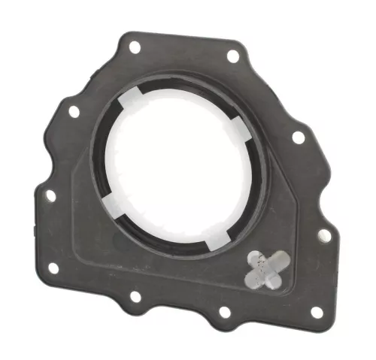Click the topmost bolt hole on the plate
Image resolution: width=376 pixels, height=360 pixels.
pyautogui.click(x=135, y=47)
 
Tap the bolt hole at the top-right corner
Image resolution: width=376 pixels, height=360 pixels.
pyautogui.click(x=233, y=56)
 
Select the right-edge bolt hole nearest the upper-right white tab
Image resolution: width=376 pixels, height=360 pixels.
pyautogui.click(x=299, y=138)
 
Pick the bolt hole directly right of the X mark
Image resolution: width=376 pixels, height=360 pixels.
pyautogui.click(x=324, y=234)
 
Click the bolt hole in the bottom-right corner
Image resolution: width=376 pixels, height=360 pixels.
pyautogui.click(x=317, y=311)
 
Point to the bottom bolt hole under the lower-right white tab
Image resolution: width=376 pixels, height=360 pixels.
pyautogui.click(x=223, y=311)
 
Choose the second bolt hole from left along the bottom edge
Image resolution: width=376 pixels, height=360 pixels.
pyautogui.click(x=135, y=296)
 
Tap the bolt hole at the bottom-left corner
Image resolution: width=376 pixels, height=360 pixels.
pyautogui.click(x=53, y=268)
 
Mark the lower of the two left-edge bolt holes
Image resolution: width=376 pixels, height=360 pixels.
pyautogui.click(x=50, y=195)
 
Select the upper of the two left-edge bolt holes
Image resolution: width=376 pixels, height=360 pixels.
pyautogui.click(x=74, y=111)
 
